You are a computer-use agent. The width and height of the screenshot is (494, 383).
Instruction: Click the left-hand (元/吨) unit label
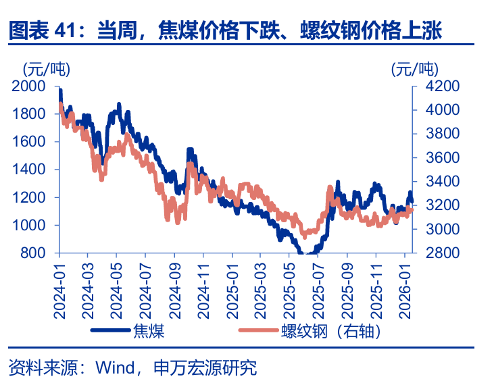[46, 68]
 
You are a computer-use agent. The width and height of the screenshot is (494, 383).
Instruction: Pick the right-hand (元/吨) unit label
[414, 68]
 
